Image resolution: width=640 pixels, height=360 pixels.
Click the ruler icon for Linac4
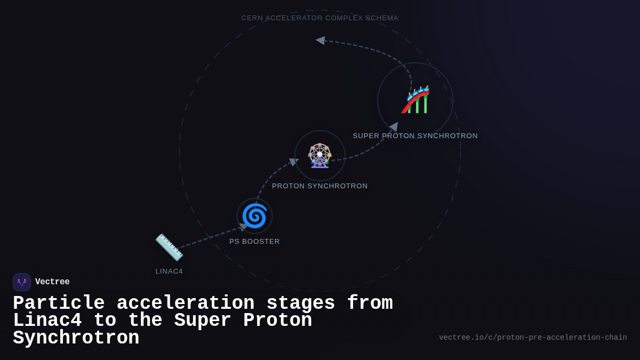169,247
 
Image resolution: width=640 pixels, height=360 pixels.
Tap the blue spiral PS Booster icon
254,216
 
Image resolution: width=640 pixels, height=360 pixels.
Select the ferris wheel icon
320,156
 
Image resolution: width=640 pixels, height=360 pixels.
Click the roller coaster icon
415,100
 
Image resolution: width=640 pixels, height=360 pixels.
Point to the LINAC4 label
169,271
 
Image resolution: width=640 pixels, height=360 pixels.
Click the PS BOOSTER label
254,242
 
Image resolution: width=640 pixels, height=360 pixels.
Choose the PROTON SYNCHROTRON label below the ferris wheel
320,186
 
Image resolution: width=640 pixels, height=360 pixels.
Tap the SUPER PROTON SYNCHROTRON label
415,136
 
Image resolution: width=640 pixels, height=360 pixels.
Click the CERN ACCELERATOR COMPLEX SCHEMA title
320,18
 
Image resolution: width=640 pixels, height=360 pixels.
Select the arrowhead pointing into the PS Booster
243,227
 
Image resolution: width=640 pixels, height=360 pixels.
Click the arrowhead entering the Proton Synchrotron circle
293,162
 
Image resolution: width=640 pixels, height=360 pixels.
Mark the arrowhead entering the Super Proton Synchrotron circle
394,127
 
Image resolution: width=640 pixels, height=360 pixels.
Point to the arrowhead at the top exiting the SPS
321,41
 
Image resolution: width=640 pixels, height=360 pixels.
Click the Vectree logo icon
22,282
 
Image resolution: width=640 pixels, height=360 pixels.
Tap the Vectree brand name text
52,282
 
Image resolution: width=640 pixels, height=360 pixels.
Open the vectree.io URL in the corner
533,338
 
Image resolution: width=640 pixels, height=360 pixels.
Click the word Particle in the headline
59,303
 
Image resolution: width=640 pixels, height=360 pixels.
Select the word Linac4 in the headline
47,321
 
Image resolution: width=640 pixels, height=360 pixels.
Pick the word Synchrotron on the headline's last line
76,338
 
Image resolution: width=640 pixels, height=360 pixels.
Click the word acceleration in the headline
186,303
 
